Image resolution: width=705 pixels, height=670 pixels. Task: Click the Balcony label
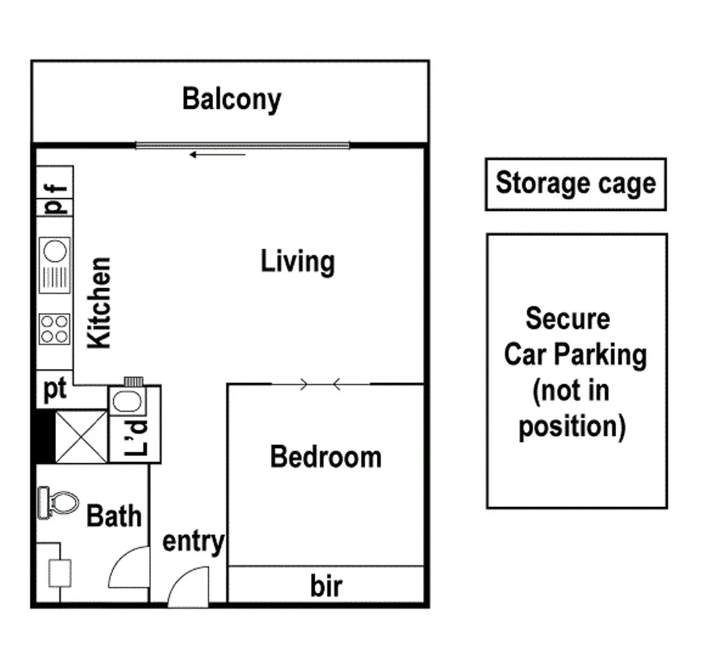click(231, 99)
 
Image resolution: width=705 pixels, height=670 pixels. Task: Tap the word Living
click(298, 262)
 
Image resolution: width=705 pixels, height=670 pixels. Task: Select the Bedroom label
click(325, 457)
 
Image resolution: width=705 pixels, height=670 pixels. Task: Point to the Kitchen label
click(99, 302)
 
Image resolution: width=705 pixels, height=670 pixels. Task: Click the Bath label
click(114, 516)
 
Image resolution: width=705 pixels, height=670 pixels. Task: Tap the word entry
click(193, 542)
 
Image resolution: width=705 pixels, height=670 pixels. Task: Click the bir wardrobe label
click(325, 586)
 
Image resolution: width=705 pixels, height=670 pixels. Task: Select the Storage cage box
click(575, 184)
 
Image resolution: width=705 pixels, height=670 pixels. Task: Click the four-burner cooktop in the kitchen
click(54, 329)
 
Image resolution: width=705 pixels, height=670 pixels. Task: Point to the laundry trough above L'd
click(128, 402)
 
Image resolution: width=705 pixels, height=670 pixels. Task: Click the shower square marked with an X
click(81, 436)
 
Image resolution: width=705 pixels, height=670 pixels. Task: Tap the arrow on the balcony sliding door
click(217, 154)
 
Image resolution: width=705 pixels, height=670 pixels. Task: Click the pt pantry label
click(55, 391)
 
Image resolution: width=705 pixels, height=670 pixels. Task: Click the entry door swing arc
click(188, 586)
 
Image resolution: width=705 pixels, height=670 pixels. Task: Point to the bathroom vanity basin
click(60, 573)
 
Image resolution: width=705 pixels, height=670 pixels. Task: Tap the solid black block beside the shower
click(43, 436)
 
